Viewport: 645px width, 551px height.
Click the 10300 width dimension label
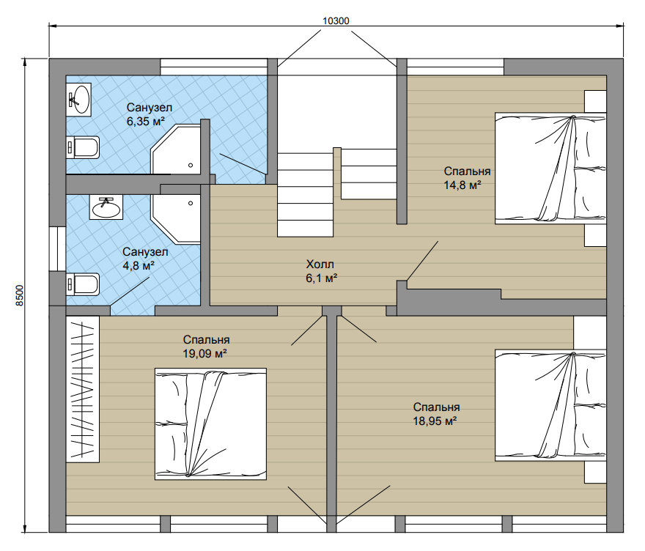tap(336, 21)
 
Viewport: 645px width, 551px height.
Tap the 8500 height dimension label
tap(20, 295)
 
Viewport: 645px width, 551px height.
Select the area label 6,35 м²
tap(146, 122)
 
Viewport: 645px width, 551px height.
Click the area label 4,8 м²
tap(139, 266)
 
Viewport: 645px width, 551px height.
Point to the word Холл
tap(320, 264)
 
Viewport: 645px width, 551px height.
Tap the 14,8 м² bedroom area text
tap(462, 185)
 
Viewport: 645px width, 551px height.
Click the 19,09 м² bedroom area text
tap(204, 354)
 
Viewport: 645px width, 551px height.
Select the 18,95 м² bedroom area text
tap(435, 421)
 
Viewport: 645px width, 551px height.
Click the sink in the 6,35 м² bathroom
tap(78, 99)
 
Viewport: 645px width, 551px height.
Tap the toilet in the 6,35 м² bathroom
tap(83, 147)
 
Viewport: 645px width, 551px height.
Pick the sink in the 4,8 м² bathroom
tap(106, 208)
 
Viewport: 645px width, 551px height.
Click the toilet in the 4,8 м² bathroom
tap(83, 284)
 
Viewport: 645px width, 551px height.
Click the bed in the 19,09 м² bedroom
tap(210, 424)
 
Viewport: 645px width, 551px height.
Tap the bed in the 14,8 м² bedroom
tap(550, 169)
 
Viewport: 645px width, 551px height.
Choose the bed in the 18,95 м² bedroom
tap(550, 405)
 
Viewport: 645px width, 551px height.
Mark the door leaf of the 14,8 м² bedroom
tap(422, 261)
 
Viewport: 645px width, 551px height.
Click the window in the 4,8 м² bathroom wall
tap(58, 248)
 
